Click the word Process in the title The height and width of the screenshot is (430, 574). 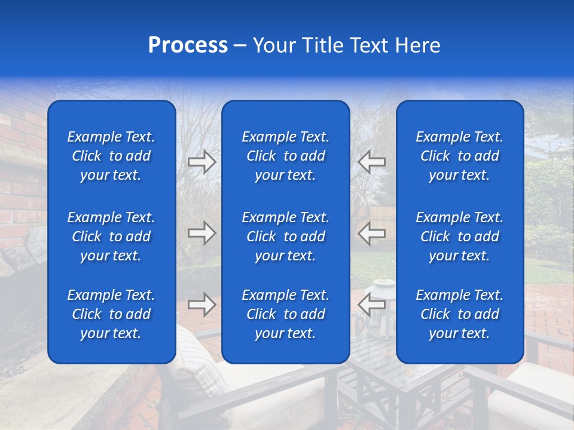tap(188, 45)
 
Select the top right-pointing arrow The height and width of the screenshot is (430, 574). tap(201, 162)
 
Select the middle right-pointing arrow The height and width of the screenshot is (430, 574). tap(201, 233)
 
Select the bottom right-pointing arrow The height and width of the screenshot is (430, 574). tap(201, 305)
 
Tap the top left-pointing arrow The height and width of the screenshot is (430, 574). tap(372, 162)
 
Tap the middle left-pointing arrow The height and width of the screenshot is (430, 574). tap(372, 233)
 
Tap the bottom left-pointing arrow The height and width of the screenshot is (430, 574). tap(372, 305)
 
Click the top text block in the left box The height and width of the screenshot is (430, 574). tap(111, 156)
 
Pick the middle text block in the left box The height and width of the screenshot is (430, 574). tap(111, 236)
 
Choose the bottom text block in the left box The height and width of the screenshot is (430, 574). tap(111, 314)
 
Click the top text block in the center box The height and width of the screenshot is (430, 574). tap(285, 156)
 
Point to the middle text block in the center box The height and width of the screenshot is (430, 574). tap(285, 236)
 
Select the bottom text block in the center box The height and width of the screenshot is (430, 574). tap(285, 314)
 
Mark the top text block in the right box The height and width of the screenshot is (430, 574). tap(459, 156)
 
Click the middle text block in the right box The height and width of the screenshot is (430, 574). tap(459, 236)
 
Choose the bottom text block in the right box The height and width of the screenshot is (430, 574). tap(459, 314)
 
